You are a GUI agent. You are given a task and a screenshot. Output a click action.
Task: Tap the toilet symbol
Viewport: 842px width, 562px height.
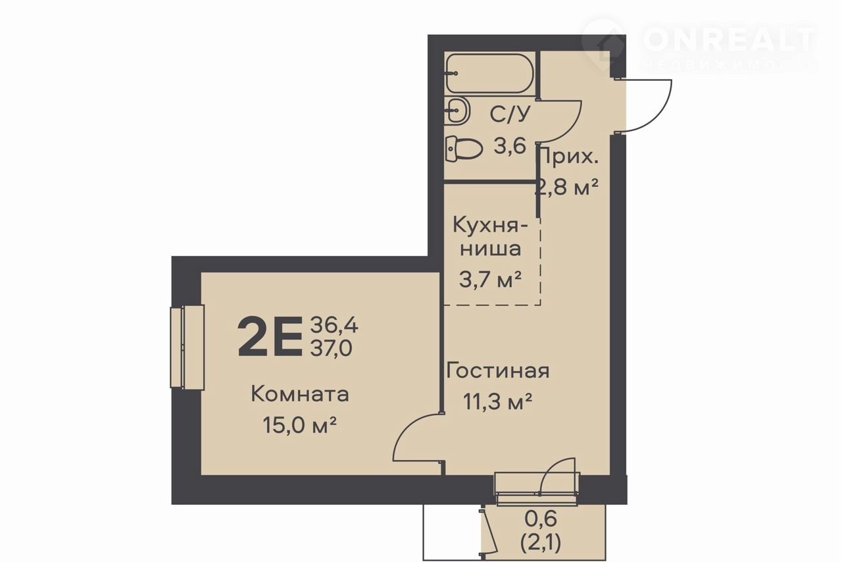[x=464, y=149]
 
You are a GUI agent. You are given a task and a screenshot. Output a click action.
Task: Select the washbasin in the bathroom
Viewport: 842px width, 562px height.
[x=457, y=110]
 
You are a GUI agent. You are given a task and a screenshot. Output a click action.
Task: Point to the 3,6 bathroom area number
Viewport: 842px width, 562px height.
[x=509, y=146]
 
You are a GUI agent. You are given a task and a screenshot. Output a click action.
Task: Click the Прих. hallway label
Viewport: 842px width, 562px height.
[x=568, y=157]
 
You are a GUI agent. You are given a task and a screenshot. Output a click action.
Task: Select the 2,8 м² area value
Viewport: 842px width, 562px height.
[x=566, y=187]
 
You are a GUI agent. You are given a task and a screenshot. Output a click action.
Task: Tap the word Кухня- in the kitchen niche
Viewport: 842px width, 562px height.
[x=490, y=226]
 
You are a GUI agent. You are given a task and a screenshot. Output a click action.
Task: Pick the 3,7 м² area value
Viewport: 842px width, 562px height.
[x=490, y=280]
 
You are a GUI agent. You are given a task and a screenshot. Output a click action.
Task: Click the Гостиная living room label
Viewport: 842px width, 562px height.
[x=498, y=370]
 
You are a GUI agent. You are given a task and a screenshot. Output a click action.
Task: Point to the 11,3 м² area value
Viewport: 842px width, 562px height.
[x=497, y=401]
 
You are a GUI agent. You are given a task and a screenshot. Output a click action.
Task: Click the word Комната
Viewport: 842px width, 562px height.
[x=300, y=394]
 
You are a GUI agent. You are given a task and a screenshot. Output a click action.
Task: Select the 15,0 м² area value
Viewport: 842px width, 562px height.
[x=299, y=425]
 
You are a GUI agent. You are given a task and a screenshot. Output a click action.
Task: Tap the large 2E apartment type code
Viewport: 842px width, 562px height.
[x=270, y=336]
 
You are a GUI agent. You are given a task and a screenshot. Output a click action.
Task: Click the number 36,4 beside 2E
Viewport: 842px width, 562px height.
[x=334, y=325]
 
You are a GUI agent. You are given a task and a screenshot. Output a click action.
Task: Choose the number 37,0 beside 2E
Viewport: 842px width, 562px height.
[x=331, y=348]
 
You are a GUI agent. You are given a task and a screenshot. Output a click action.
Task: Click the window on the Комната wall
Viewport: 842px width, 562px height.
[x=187, y=346]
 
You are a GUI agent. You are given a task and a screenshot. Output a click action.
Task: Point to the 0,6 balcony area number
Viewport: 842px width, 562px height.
[x=541, y=519]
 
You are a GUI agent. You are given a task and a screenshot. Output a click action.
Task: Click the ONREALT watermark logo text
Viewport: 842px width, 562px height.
[x=728, y=40]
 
